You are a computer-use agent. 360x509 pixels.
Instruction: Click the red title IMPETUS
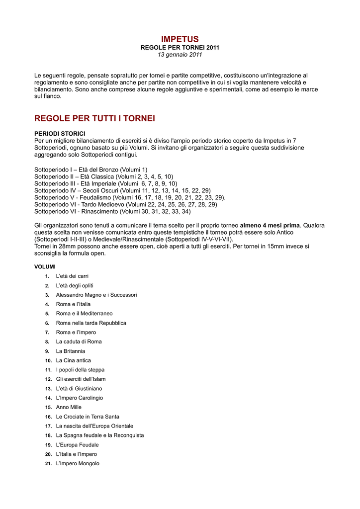(x=180, y=39)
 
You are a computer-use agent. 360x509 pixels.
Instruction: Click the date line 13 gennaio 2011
(x=180, y=54)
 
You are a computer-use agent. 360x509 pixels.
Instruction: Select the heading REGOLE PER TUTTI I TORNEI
(x=94, y=118)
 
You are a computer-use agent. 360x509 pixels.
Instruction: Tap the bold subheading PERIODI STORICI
(x=60, y=134)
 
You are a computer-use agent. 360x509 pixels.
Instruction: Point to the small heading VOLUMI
(x=45, y=267)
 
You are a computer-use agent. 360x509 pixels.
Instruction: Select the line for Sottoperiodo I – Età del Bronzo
(x=90, y=170)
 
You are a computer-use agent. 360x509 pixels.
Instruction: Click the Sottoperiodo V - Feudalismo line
(x=130, y=197)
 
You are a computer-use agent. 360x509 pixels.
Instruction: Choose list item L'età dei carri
(x=72, y=276)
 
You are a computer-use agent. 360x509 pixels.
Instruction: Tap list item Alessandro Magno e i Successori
(x=96, y=295)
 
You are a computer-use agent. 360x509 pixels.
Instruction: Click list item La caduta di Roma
(x=79, y=341)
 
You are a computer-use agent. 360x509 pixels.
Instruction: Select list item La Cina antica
(x=73, y=360)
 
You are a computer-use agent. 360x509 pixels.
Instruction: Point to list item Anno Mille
(x=69, y=407)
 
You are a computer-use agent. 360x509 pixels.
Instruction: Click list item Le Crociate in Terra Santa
(x=88, y=417)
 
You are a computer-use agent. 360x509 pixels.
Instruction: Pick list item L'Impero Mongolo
(x=78, y=463)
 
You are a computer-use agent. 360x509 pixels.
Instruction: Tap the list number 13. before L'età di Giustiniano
(x=48, y=389)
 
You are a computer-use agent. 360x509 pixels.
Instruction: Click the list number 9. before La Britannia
(x=47, y=351)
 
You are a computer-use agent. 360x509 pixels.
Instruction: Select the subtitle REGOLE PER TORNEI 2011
(x=180, y=47)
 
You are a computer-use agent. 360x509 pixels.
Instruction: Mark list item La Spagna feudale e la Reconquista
(x=100, y=435)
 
